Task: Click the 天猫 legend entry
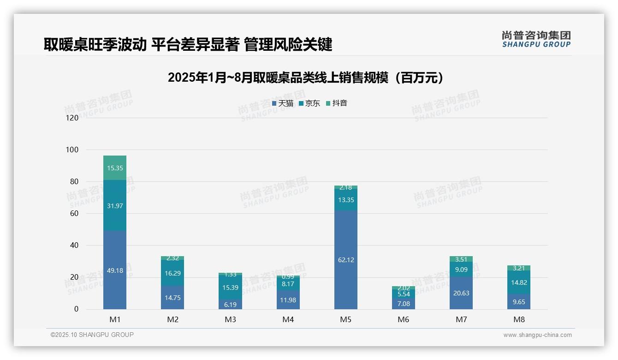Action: coord(282,103)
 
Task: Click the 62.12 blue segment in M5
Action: coord(346,260)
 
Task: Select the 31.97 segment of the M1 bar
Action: coord(115,205)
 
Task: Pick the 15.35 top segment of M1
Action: coord(115,168)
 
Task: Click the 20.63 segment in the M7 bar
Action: coord(461,293)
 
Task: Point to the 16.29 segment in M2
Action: coord(172,273)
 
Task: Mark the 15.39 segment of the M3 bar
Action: coord(230,287)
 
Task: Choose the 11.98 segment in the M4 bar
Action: coord(288,300)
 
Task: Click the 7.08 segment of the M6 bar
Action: coord(404,303)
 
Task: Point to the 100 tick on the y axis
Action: coord(72,150)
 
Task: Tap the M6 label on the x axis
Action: coord(404,319)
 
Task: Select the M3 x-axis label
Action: coord(230,319)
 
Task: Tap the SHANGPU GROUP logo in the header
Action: coord(536,39)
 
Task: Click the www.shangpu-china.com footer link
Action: coord(537,335)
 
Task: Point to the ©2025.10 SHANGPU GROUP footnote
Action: coord(92,335)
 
